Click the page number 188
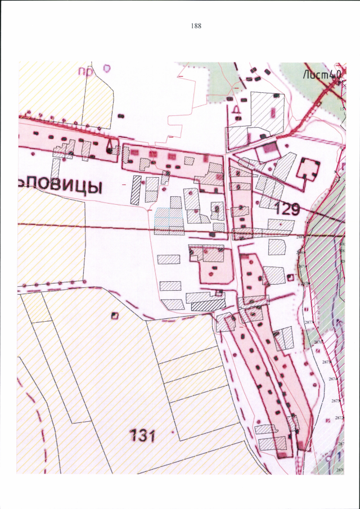click(x=196, y=26)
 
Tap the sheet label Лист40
click(x=322, y=73)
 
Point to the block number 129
click(x=287, y=209)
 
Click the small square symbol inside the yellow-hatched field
click(x=115, y=315)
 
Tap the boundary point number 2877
click(x=308, y=322)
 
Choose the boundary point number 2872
click(x=339, y=418)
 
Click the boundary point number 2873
click(x=336, y=400)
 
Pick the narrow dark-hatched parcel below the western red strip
click(x=136, y=190)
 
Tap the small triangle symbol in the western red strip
click(x=108, y=147)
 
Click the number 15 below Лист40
click(x=341, y=108)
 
